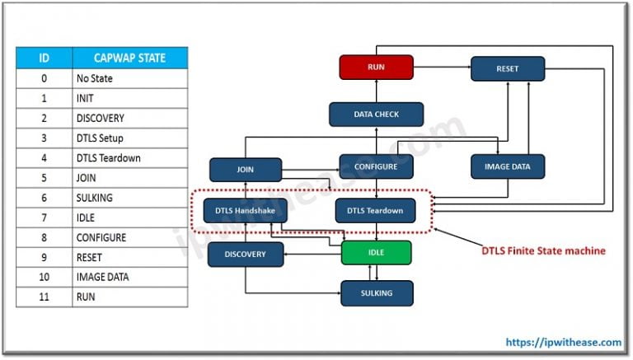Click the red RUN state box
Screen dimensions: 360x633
(375, 67)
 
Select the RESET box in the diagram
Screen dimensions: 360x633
(508, 68)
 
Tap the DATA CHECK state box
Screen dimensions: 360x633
(376, 115)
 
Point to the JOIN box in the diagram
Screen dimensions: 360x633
(246, 170)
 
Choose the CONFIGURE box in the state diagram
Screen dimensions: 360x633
(376, 166)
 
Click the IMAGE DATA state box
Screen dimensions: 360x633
(508, 166)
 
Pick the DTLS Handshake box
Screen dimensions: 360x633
(246, 211)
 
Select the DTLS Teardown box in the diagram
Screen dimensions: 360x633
(376, 211)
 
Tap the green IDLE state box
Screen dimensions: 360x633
(376, 252)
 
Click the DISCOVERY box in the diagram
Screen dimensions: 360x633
(246, 255)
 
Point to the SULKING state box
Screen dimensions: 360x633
(377, 292)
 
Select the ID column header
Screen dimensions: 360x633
(44, 58)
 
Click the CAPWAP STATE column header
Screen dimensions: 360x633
(129, 58)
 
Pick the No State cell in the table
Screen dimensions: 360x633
(129, 79)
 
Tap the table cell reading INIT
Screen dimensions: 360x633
(129, 99)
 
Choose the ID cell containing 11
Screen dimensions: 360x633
(44, 297)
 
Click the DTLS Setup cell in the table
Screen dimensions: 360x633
(129, 138)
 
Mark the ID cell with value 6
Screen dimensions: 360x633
(44, 198)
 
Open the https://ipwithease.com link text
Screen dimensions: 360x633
(564, 341)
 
